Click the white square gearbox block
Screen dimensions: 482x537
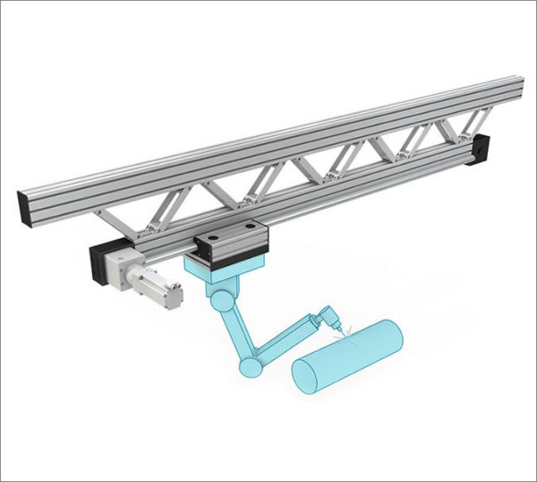tap(122, 266)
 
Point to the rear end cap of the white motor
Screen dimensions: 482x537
tap(176, 293)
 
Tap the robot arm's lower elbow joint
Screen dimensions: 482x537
tap(250, 367)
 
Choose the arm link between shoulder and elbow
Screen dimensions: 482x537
tap(234, 332)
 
